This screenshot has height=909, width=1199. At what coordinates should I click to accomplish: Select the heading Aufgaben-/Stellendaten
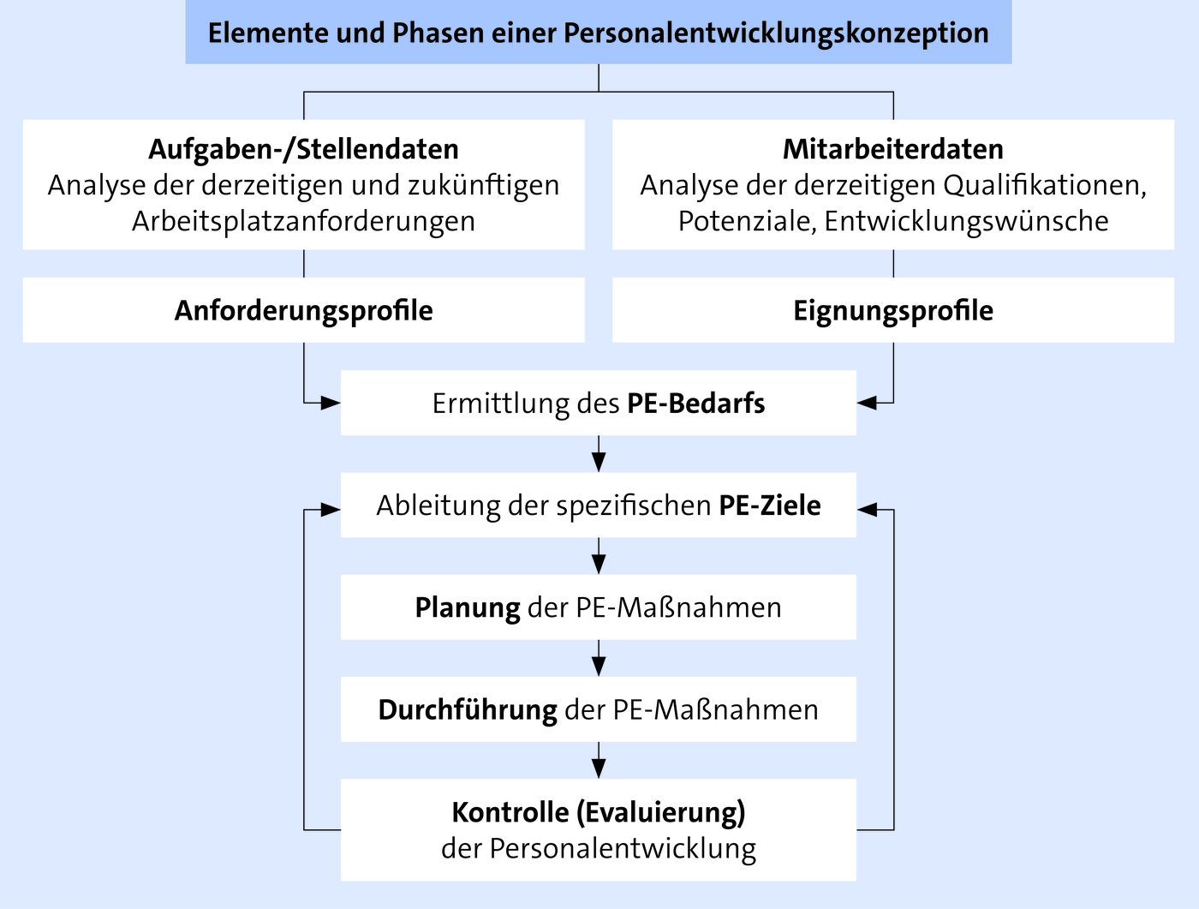[x=304, y=149]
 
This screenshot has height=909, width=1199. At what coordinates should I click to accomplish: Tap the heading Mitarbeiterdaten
[x=893, y=149]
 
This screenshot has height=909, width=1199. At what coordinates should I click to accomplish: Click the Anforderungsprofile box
[x=304, y=310]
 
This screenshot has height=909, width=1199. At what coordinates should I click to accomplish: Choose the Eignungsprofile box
[x=893, y=310]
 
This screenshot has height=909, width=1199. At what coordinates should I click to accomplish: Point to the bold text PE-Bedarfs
[x=696, y=404]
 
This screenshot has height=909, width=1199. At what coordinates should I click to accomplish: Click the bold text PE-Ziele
[x=770, y=505]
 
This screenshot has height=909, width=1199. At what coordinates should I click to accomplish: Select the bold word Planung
[x=468, y=608]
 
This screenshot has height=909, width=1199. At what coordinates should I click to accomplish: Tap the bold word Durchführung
[x=468, y=710]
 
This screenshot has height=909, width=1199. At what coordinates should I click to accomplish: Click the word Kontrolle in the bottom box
[x=510, y=812]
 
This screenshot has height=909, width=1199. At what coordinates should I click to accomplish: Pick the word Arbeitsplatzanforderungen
[x=304, y=221]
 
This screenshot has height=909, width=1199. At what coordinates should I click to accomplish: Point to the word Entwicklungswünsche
[x=966, y=221]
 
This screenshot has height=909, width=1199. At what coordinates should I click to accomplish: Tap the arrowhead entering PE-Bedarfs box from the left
[x=331, y=404]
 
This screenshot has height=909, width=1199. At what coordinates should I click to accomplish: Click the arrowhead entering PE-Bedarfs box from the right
[x=867, y=404]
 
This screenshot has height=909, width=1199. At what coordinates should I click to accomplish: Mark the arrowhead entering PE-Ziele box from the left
[x=331, y=510]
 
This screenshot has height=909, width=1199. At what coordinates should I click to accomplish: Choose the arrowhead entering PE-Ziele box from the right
[x=867, y=510]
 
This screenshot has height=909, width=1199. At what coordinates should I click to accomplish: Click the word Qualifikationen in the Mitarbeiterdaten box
[x=1045, y=186]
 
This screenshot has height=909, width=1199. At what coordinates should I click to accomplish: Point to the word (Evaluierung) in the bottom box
[x=661, y=812]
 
